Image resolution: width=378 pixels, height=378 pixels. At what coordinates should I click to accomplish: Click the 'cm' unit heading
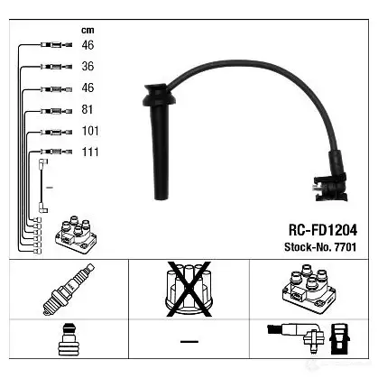click(88, 30)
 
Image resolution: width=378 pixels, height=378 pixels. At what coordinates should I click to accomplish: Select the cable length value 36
click(88, 66)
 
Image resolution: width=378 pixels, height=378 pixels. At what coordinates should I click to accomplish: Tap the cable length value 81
click(88, 109)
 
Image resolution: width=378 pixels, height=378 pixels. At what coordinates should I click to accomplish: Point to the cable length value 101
click(90, 131)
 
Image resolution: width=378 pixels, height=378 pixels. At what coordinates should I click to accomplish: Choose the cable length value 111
click(90, 152)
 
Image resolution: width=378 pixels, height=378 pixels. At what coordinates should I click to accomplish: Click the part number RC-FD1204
click(323, 230)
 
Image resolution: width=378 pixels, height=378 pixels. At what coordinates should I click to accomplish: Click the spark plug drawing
click(69, 290)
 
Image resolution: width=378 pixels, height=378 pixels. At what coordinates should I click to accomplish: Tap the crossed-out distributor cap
click(189, 289)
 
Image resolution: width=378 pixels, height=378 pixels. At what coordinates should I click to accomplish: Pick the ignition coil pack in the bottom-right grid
click(309, 289)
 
